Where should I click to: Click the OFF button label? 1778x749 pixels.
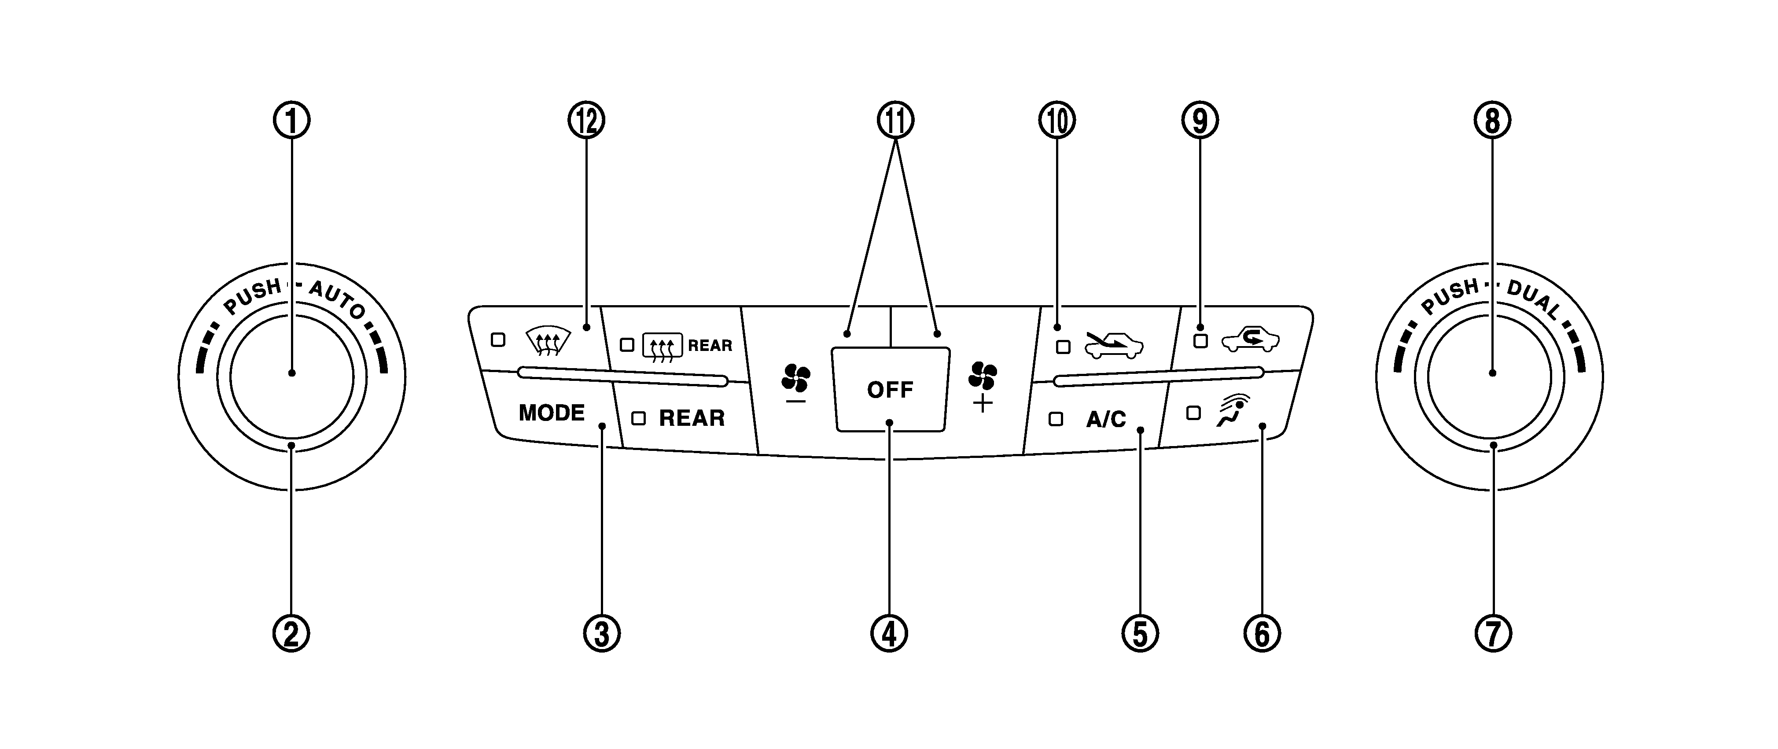pyautogui.click(x=890, y=390)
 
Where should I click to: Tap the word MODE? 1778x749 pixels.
pyautogui.click(x=552, y=413)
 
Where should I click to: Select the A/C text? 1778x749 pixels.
pyautogui.click(x=1106, y=419)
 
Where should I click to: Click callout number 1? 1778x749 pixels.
pyautogui.click(x=292, y=121)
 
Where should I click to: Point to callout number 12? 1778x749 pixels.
pyautogui.click(x=586, y=121)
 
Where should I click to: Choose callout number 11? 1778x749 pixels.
pyautogui.click(x=895, y=121)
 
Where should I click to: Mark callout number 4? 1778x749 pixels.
pyautogui.click(x=889, y=634)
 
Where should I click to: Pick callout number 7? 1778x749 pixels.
pyautogui.click(x=1493, y=634)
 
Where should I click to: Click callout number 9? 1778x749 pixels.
pyautogui.click(x=1200, y=121)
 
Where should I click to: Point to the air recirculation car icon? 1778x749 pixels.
pyautogui.click(x=1251, y=340)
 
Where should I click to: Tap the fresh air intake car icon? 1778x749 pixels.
pyautogui.click(x=1113, y=345)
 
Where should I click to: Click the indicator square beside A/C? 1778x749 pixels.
pyautogui.click(x=1055, y=419)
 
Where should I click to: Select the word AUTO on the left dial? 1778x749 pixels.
pyautogui.click(x=337, y=299)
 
